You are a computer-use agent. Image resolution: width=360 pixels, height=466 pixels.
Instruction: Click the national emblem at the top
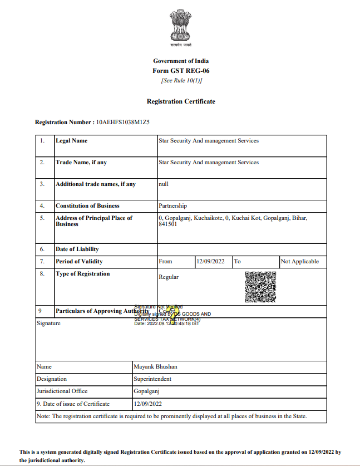(x=181, y=26)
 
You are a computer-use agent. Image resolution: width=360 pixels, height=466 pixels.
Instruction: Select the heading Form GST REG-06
(x=181, y=71)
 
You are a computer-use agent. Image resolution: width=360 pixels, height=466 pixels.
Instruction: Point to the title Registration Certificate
(x=181, y=101)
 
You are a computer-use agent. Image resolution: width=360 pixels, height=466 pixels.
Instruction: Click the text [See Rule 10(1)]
(x=181, y=80)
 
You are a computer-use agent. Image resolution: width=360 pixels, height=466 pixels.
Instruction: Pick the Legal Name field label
(x=71, y=141)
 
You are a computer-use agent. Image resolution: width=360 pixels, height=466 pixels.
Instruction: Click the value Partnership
(x=172, y=205)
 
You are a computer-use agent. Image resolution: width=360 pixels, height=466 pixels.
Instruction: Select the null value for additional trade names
(x=164, y=184)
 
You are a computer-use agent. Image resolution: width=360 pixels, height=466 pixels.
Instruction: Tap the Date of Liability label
(x=77, y=249)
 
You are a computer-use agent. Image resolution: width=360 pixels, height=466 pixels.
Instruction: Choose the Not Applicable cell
(x=300, y=261)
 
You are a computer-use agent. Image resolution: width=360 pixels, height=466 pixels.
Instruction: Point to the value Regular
(x=169, y=277)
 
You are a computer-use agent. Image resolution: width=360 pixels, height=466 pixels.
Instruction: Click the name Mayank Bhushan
(x=155, y=367)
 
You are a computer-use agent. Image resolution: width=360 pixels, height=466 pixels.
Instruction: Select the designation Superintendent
(x=152, y=379)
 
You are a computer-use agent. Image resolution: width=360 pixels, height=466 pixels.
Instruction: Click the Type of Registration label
(x=82, y=273)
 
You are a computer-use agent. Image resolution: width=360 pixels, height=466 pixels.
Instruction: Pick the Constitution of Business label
(x=87, y=205)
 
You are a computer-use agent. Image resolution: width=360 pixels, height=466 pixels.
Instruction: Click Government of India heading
(x=181, y=61)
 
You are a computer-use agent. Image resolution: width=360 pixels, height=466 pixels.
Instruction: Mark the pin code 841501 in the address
(x=168, y=224)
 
